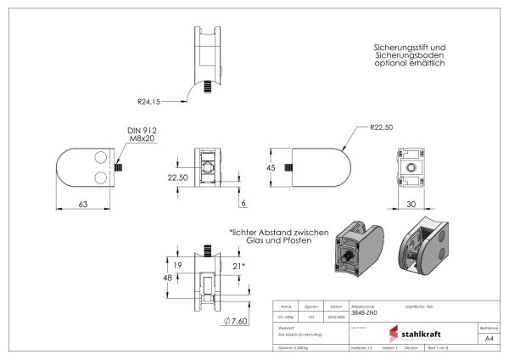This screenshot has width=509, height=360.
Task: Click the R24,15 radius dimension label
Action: pyautogui.click(x=148, y=101)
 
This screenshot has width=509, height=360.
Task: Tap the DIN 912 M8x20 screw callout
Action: pyautogui.click(x=139, y=135)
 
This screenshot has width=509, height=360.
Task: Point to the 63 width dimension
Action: pyautogui.click(x=83, y=205)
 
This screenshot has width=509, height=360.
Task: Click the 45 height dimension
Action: pyautogui.click(x=272, y=168)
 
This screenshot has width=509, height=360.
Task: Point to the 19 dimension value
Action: pyautogui.click(x=179, y=266)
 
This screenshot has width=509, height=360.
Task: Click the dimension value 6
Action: pyautogui.click(x=243, y=205)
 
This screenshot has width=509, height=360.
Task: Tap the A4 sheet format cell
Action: pyautogui.click(x=489, y=338)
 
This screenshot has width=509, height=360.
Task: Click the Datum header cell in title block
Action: pyautogui.click(x=336, y=307)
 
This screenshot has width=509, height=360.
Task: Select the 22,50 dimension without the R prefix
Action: pyautogui.click(x=178, y=177)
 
